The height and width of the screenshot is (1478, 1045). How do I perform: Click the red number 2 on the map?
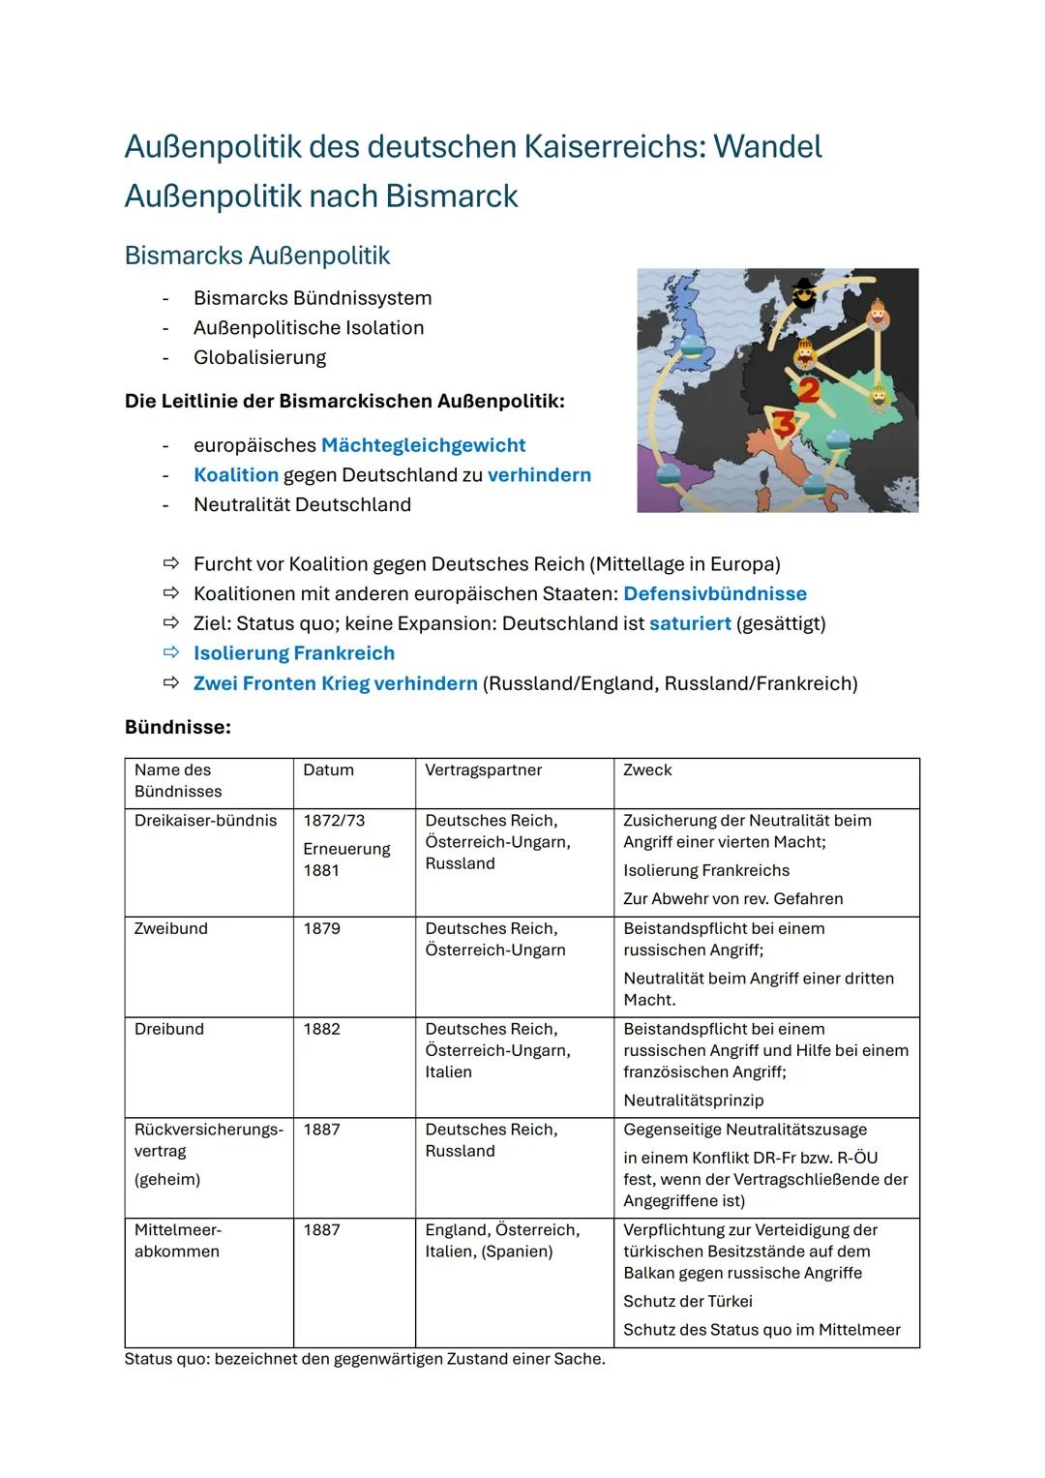click(x=808, y=390)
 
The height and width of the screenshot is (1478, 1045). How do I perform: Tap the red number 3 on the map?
click(x=786, y=423)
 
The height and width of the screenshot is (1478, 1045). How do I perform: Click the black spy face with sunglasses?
click(x=804, y=292)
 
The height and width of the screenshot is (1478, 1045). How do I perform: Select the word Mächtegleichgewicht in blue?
click(x=423, y=445)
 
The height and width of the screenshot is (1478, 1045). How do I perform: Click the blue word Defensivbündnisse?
click(x=714, y=593)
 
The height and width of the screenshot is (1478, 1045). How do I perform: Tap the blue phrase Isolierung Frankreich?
click(x=294, y=653)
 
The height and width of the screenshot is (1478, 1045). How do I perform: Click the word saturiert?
click(x=690, y=623)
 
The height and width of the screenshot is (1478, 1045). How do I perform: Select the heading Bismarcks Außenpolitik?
click(x=257, y=256)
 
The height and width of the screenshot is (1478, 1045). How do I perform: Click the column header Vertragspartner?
click(x=483, y=770)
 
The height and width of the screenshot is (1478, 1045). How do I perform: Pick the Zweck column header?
click(x=647, y=770)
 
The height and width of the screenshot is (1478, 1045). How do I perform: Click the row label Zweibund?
click(x=171, y=929)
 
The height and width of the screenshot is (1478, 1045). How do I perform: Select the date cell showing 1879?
click(x=322, y=929)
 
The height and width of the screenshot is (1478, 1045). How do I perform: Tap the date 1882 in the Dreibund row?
click(x=322, y=1030)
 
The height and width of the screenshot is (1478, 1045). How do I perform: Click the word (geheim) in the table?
click(x=167, y=1180)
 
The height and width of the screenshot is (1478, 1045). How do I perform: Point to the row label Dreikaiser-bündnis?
click(x=205, y=821)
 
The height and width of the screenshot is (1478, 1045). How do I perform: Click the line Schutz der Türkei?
click(x=687, y=1302)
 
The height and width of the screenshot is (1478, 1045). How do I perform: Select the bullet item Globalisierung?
click(x=259, y=358)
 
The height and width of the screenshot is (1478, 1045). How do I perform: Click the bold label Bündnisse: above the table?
click(x=178, y=727)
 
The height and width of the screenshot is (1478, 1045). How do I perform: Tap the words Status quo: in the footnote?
click(x=166, y=1359)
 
